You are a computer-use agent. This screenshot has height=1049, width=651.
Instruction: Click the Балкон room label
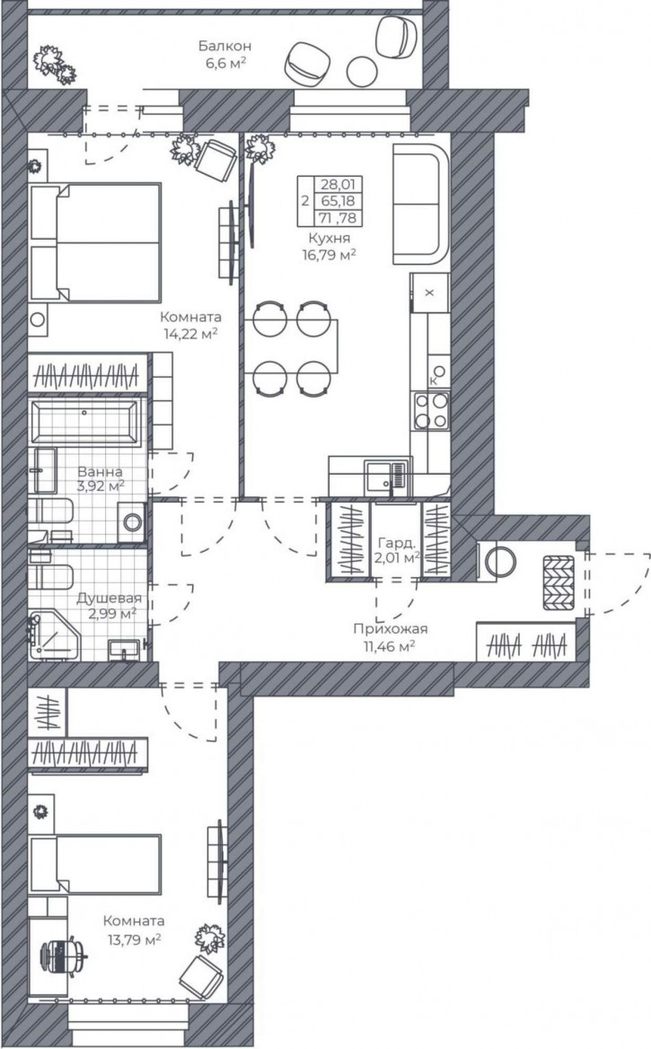tap(224, 46)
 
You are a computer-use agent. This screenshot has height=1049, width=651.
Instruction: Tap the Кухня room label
tap(329, 238)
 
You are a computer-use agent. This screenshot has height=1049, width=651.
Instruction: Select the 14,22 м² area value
tap(191, 334)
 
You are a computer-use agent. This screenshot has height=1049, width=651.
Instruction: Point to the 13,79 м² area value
tap(134, 940)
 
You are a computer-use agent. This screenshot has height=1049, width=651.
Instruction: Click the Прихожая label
tap(391, 629)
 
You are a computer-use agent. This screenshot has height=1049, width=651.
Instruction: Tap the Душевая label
tap(110, 599)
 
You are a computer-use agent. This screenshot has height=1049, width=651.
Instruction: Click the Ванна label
tap(100, 472)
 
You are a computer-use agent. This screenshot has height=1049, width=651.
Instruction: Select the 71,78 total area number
tap(339, 218)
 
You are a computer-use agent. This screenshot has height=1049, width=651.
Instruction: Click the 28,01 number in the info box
tap(339, 184)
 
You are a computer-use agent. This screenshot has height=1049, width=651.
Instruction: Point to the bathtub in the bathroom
tap(85, 422)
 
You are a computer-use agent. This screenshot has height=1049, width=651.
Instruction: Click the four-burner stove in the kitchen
tap(431, 411)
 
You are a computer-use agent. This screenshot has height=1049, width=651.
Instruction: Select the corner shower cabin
tap(54, 635)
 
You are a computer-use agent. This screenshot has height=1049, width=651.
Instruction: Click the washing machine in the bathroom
tap(133, 522)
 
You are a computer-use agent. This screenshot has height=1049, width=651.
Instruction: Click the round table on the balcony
tap(363, 70)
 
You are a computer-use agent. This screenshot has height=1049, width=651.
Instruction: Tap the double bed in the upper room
tap(96, 243)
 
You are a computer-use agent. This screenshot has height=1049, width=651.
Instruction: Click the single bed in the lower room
tap(96, 864)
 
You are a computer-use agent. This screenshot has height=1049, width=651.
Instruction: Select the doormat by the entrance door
tap(559, 582)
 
